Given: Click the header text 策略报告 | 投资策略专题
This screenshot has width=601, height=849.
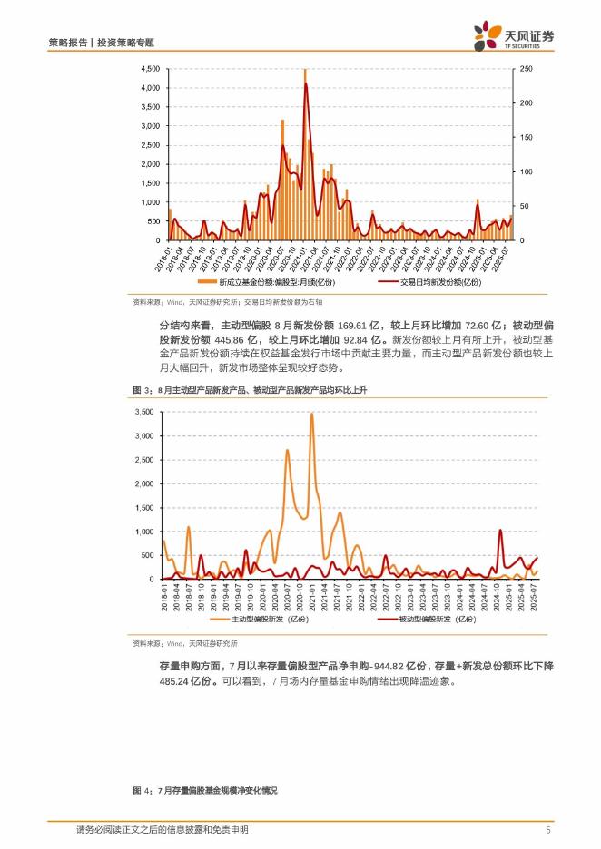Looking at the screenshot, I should (101, 43).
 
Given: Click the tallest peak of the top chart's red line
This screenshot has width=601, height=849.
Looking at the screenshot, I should (306, 84).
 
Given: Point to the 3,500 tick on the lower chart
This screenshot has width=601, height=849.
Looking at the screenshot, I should (144, 412).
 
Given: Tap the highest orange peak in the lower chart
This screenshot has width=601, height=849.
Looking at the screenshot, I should (311, 415).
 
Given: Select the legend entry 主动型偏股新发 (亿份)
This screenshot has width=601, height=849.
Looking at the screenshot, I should (261, 620).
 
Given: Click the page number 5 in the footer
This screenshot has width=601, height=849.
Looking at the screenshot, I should (549, 830).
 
